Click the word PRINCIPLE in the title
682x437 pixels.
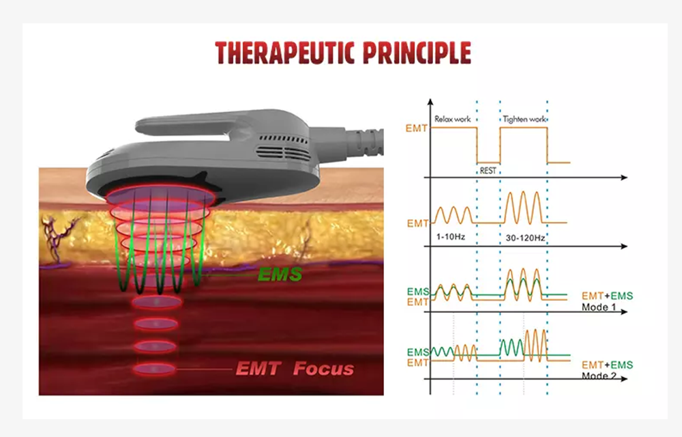click(x=417, y=53)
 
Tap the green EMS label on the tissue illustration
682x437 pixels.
click(x=280, y=274)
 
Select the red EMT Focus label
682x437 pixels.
click(x=295, y=369)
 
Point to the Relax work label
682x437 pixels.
click(x=452, y=119)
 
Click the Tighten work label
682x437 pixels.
click(x=524, y=119)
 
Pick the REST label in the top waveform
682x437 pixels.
click(x=488, y=171)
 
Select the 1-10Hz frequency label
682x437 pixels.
click(x=451, y=237)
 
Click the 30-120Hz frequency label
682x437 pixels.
click(x=525, y=238)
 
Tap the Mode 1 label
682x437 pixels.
click(x=599, y=307)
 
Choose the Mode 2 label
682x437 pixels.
click(x=599, y=375)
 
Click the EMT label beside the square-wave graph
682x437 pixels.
click(x=416, y=128)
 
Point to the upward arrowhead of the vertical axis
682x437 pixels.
click(x=430, y=102)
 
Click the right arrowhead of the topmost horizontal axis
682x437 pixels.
click(x=624, y=178)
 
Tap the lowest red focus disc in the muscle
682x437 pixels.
click(x=154, y=369)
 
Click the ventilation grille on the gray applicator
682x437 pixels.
click(x=283, y=149)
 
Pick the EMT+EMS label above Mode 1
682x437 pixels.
click(x=607, y=296)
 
